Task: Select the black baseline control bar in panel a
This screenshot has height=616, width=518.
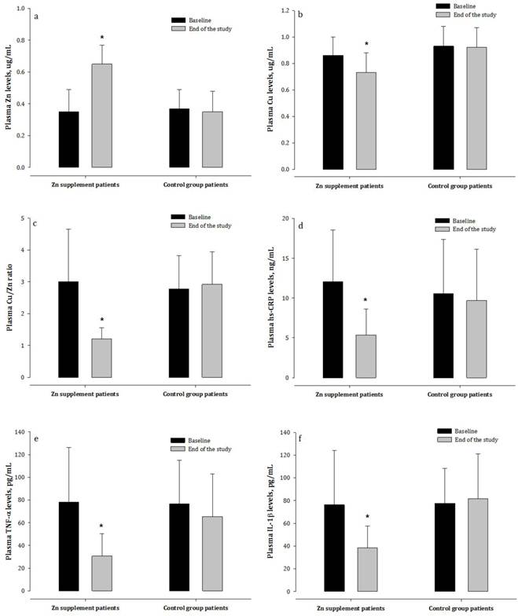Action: (180, 138)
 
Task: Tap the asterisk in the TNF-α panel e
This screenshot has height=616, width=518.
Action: (101, 526)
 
